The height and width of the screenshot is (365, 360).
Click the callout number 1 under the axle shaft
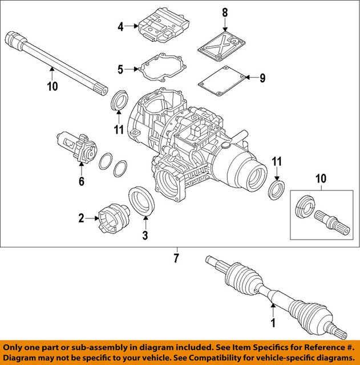pos(272,323)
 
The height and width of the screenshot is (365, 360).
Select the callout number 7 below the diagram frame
pos(176,258)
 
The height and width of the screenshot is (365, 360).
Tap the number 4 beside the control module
pos(121,26)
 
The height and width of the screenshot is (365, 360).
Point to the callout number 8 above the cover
pos(224,13)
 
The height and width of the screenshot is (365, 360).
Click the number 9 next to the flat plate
pos(262,78)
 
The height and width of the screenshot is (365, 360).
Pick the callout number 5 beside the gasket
pos(121,70)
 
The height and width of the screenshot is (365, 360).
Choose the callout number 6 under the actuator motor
pos(81,181)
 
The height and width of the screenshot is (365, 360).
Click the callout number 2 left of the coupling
pos(81,217)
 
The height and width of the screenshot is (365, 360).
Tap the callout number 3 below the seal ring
pos(145,235)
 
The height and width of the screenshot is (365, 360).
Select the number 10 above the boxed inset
pos(321,180)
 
